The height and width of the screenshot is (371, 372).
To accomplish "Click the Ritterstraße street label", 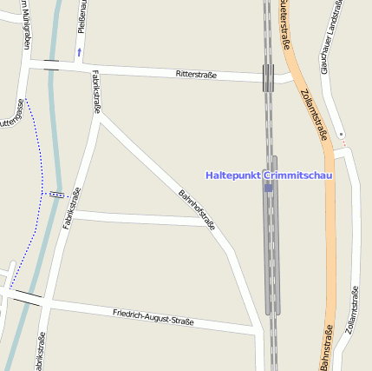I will [195, 76].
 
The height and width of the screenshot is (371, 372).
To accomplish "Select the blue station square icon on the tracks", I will [269, 187].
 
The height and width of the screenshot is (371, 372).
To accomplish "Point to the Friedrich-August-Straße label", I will [153, 316].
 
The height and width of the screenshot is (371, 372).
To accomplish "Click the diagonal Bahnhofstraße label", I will [197, 209].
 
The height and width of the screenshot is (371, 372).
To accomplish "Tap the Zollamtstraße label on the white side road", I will [350, 309].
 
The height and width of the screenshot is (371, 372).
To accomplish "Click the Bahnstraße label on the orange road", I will [322, 348].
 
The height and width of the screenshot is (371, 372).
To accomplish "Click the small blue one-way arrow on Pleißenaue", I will [80, 52].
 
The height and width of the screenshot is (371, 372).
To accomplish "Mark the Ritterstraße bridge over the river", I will [51, 65].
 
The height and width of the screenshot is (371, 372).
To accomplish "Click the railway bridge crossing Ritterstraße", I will [269, 77].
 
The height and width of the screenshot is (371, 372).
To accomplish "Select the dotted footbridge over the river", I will [56, 195].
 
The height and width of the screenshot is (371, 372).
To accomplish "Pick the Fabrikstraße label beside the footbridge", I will [71, 209].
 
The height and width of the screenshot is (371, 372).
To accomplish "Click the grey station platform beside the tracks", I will [275, 235].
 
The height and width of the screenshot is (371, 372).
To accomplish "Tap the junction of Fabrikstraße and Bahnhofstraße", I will [100, 122].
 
